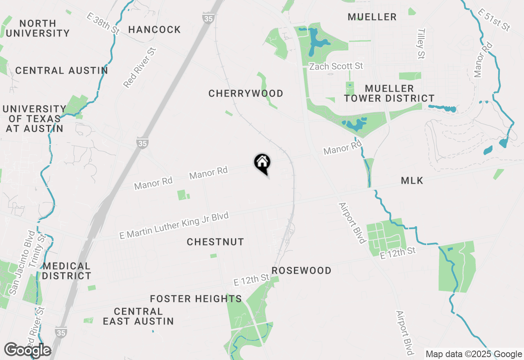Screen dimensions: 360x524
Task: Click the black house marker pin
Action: pyautogui.click(x=262, y=163)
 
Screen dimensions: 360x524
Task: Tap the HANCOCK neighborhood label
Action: pyautogui.click(x=154, y=29)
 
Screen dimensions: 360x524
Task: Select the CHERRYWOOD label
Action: pyautogui.click(x=246, y=94)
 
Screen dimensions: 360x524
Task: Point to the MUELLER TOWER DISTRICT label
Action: pyautogui.click(x=389, y=94)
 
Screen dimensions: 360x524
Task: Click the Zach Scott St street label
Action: pyautogui.click(x=336, y=66)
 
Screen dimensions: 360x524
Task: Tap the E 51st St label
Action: pyautogui.click(x=494, y=20)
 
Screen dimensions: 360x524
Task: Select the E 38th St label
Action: pyautogui.click(x=102, y=23)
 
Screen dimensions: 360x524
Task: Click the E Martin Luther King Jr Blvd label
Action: pyautogui.click(x=174, y=226)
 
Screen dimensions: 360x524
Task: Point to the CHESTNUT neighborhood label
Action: pyautogui.click(x=215, y=242)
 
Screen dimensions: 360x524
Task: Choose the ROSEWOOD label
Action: pyautogui.click(x=301, y=271)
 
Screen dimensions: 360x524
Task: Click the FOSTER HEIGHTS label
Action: pyautogui.click(x=196, y=299)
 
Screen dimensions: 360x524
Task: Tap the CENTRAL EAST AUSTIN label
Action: pyautogui.click(x=138, y=317)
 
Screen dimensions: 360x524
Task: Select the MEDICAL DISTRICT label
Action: pyautogui.click(x=66, y=271)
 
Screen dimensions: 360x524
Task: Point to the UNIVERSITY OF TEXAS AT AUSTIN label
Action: pyautogui.click(x=34, y=119)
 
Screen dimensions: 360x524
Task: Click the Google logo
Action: pyautogui.click(x=27, y=350)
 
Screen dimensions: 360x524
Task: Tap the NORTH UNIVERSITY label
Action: pyautogui.click(x=38, y=28)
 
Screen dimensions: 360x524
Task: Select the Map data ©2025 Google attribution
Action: pyautogui.click(x=474, y=354)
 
